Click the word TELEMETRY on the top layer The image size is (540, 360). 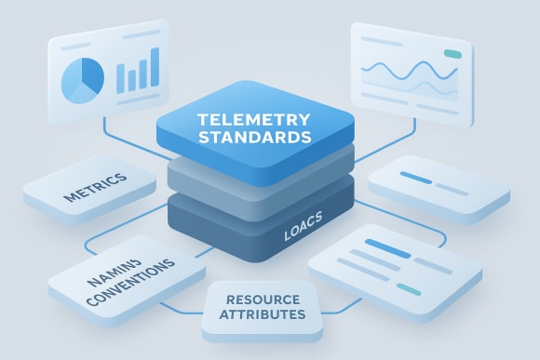(253, 119)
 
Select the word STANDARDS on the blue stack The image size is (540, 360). (253, 137)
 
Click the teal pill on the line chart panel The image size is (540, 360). (452, 53)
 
